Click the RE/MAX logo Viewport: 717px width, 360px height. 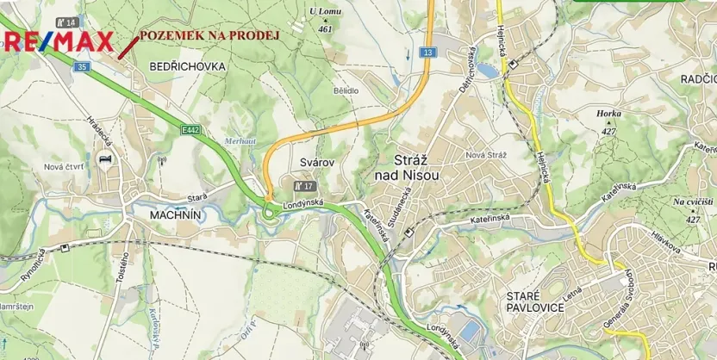[x=58, y=41]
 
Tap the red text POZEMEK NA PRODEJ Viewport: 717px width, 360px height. [x=209, y=34]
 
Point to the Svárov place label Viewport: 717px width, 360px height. [x=316, y=162]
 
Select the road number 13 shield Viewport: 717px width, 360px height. [x=428, y=53]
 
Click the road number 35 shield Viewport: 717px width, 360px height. [x=82, y=66]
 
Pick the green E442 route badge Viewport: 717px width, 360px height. [x=191, y=129]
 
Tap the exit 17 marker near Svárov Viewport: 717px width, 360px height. [x=304, y=185]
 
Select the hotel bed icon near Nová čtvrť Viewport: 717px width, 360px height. [x=105, y=160]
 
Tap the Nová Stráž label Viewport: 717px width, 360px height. [x=485, y=154]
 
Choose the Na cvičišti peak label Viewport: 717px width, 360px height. [x=692, y=207]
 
